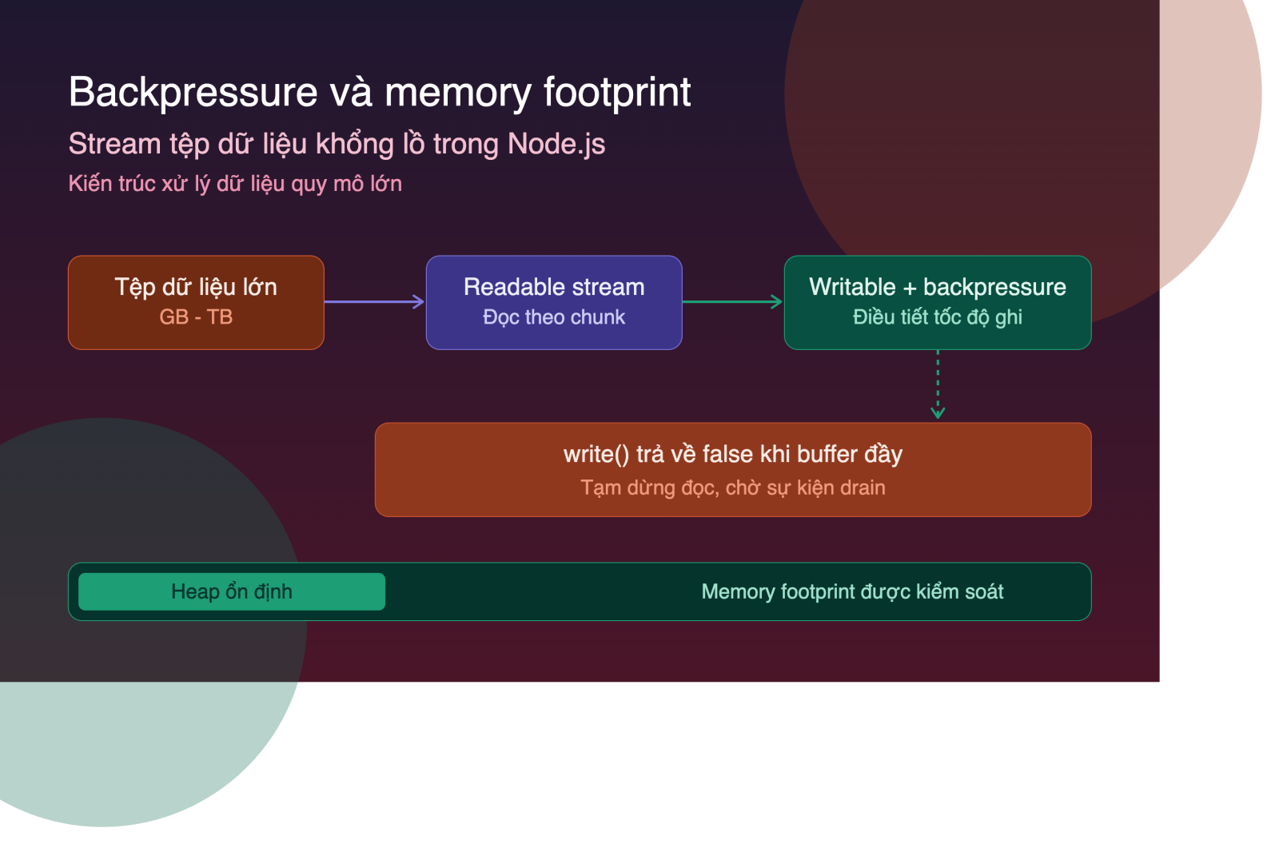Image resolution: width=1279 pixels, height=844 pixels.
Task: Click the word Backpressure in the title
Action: [x=193, y=93]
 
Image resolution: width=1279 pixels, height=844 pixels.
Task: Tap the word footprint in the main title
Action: [x=616, y=93]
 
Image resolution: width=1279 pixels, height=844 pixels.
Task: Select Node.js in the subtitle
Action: [x=556, y=144]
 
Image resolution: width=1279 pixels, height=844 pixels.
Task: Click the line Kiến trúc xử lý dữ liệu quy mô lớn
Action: [x=235, y=184]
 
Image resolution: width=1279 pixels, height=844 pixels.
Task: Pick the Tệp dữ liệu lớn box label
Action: [x=196, y=287]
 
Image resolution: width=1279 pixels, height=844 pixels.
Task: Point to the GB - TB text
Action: [x=196, y=317]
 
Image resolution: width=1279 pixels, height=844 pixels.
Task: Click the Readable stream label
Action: [x=554, y=287]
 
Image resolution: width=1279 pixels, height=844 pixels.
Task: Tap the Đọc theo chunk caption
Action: [x=554, y=317]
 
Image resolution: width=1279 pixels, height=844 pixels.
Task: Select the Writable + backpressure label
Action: [x=938, y=287]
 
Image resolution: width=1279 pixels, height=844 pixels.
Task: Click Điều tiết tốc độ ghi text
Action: [x=938, y=317]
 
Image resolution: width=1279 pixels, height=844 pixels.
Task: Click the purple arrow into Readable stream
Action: [x=374, y=301]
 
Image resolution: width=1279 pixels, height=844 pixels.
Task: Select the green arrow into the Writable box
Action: [x=732, y=301]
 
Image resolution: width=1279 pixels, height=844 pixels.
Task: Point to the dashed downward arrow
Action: [x=938, y=384]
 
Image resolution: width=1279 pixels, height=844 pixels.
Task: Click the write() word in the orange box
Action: [x=596, y=455]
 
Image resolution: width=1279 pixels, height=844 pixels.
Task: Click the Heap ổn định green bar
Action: [x=232, y=591]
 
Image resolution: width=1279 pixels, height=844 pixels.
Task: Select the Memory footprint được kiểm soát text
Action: [x=852, y=591]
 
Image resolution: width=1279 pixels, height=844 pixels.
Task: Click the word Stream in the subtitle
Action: [x=115, y=144]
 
